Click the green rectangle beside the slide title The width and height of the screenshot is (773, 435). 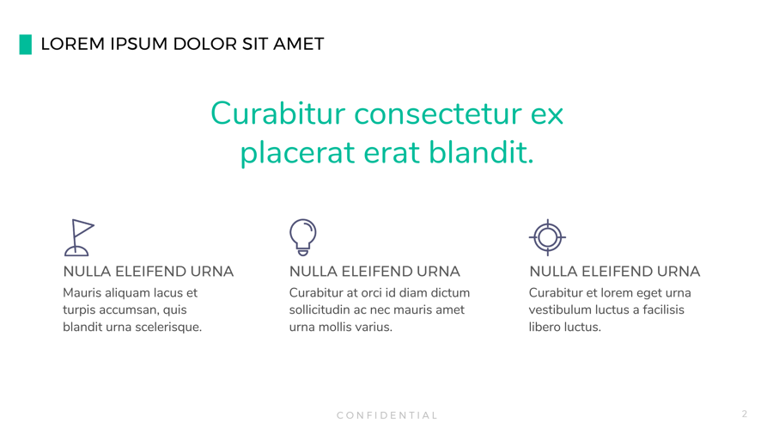pos(26,45)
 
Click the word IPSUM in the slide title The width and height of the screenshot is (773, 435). pos(139,44)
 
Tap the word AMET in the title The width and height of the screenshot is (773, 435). pos(298,44)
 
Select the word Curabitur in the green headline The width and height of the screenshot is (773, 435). pos(277,113)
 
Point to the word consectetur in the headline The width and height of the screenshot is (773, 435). pos(438,114)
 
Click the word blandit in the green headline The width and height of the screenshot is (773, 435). pos(481,152)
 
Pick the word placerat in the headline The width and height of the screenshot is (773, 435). pos(297,153)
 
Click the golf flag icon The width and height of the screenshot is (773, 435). pos(79,238)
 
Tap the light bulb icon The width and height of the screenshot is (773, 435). pos(302,237)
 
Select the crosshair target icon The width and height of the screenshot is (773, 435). pos(548,237)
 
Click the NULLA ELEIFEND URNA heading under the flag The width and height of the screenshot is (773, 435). pos(149,272)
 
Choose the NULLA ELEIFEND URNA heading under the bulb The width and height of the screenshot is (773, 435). pos(374,272)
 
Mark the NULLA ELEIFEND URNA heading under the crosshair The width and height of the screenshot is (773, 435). pos(614,272)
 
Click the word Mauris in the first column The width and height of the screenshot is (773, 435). pos(82,293)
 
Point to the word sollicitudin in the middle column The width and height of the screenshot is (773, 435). pos(320,309)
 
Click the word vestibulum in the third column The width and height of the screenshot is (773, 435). pos(560,309)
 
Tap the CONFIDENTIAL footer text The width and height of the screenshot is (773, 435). pos(387,415)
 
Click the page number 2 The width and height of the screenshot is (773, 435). pos(745,414)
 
